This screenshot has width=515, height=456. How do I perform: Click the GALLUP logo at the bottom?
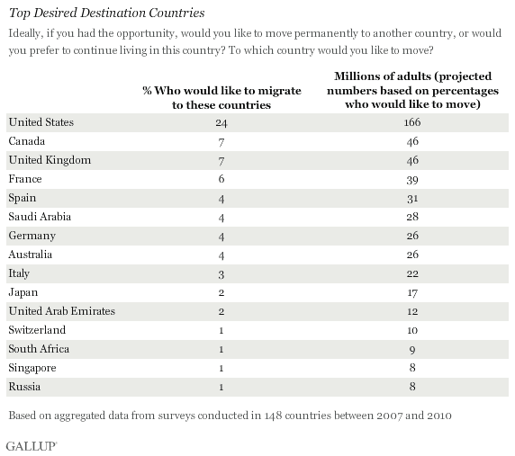32,446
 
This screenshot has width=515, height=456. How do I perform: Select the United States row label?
41,122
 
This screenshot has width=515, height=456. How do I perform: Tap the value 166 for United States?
412,122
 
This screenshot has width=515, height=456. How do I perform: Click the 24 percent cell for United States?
221,122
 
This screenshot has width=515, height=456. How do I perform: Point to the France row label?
25,179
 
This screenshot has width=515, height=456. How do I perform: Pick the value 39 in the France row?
412,180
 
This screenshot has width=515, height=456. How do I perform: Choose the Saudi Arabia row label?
40,217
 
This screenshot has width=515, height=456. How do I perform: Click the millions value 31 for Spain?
412,199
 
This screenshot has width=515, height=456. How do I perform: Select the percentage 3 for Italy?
221,274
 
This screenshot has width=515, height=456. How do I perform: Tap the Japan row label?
23,292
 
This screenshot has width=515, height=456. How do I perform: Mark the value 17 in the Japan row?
412,292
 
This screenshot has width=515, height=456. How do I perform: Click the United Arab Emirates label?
62,311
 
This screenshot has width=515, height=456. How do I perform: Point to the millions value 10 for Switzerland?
412,330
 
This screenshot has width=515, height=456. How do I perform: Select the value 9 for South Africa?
412,350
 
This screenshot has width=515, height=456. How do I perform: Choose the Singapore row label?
32,368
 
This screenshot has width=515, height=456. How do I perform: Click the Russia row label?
24,387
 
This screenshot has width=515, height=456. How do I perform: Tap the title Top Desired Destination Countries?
107,13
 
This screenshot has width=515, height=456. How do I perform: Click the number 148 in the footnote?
273,416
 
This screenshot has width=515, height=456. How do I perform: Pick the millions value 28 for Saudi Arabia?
412,217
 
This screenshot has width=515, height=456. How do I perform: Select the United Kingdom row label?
50,160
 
